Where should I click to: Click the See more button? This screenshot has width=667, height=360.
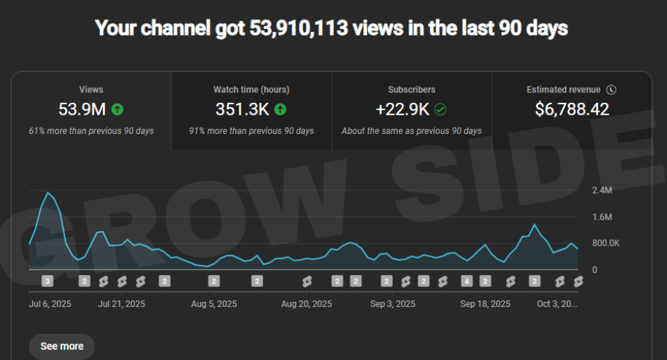pyautogui.click(x=62, y=346)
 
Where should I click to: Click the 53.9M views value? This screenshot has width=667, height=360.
pyautogui.click(x=82, y=109)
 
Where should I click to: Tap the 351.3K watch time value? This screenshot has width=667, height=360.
pyautogui.click(x=242, y=109)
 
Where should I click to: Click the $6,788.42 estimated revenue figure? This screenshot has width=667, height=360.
pyautogui.click(x=571, y=109)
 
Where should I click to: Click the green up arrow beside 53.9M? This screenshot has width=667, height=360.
pyautogui.click(x=118, y=109)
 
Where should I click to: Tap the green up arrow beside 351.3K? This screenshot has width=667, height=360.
pyautogui.click(x=280, y=109)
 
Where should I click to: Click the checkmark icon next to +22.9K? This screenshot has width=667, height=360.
pyautogui.click(x=440, y=109)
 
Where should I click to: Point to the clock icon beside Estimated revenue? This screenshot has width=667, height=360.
pyautogui.click(x=611, y=90)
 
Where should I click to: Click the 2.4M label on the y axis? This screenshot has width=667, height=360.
pyautogui.click(x=602, y=190)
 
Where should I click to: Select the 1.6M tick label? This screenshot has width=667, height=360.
pyautogui.click(x=602, y=217)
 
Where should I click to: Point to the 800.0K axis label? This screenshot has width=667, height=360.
pyautogui.click(x=606, y=243)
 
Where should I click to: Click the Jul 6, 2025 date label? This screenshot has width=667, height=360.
pyautogui.click(x=50, y=304)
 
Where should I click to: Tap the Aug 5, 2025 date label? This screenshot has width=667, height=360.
pyautogui.click(x=214, y=304)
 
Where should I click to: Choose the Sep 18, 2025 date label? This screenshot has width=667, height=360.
pyautogui.click(x=485, y=304)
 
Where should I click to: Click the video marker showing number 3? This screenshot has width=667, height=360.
pyautogui.click(x=47, y=281)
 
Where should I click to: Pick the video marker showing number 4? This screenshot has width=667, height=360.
pyautogui.click(x=466, y=281)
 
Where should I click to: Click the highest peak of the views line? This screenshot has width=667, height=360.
pyautogui.click(x=48, y=193)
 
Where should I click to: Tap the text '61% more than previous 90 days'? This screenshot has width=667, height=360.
pyautogui.click(x=91, y=131)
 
